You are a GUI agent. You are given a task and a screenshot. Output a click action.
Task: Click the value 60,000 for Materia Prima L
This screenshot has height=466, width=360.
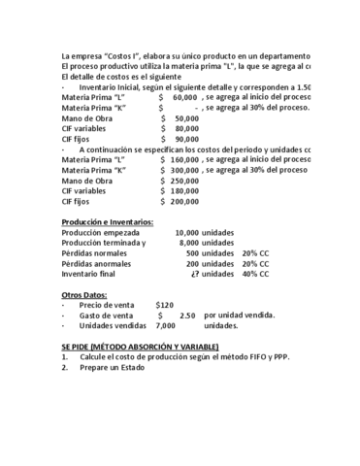pyautogui.click(x=185, y=98)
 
